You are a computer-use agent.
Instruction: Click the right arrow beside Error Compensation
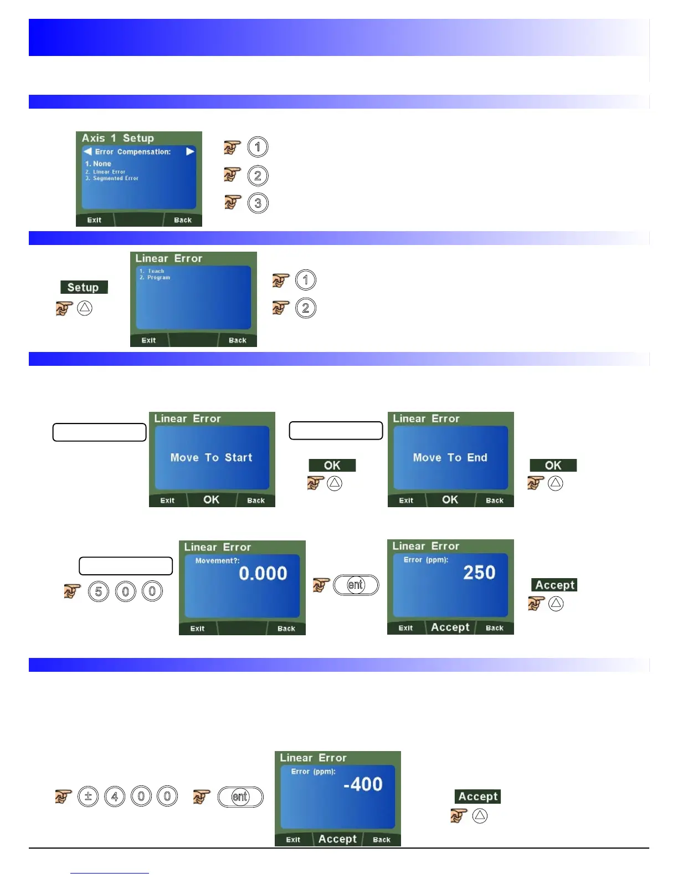coord(191,151)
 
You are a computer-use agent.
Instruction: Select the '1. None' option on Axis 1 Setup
coord(98,164)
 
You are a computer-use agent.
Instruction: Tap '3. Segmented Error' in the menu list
coord(112,178)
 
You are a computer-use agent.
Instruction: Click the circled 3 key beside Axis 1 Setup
coord(258,203)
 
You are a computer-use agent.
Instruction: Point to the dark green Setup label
coord(84,287)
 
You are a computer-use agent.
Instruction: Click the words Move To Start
coord(212,457)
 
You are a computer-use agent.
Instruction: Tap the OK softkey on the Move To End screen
coord(450,499)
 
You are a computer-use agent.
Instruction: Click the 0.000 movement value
coord(263,573)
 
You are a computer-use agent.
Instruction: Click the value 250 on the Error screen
coord(479,572)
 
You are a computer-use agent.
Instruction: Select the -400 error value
coord(363,784)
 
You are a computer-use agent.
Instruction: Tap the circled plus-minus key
coord(88,797)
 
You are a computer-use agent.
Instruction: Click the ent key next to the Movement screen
coord(356,585)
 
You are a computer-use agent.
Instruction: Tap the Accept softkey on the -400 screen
coord(337,839)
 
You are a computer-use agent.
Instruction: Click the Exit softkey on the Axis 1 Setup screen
coord(94,220)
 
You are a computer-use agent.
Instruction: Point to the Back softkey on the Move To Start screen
coord(256,501)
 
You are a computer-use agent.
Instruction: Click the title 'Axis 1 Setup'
coord(118,138)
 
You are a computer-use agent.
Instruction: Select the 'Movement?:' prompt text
coord(217,560)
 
